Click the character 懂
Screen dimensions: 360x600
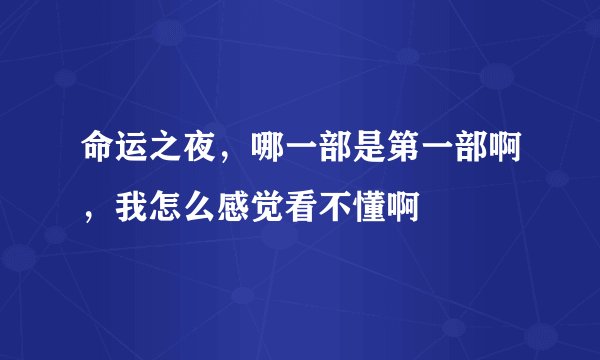click(x=350, y=207)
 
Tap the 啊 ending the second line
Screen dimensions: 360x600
click(x=383, y=207)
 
